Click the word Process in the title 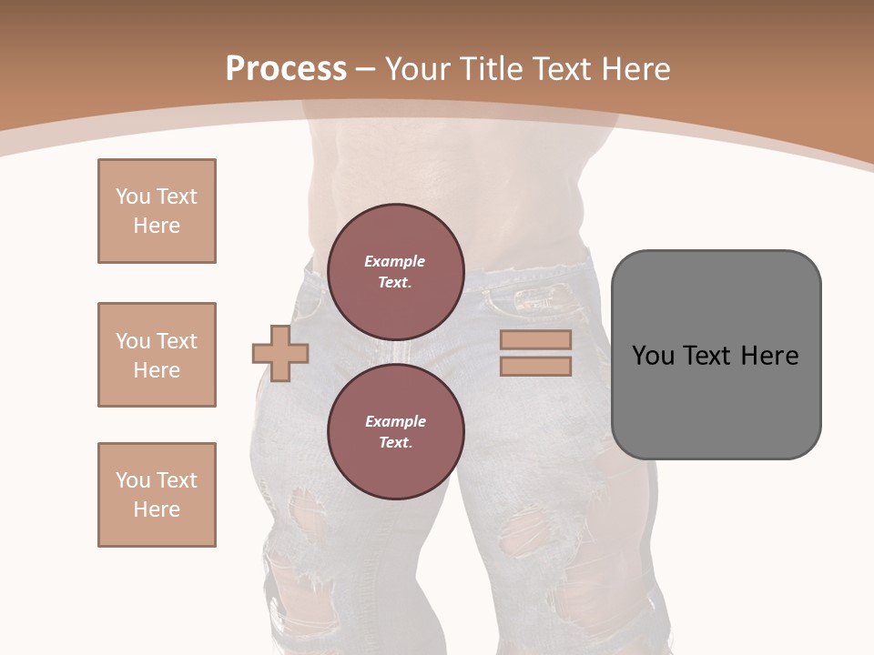point(286,69)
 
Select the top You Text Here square point(157,211)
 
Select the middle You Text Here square point(157,355)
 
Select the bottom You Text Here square point(157,495)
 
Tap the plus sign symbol point(280,352)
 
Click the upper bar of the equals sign point(535,339)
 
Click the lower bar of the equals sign point(535,366)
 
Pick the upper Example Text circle point(395,272)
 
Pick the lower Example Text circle point(395,432)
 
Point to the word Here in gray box point(769,356)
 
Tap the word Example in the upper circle point(395,261)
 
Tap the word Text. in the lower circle point(395,443)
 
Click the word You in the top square point(132,196)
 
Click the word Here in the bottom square point(157,509)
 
